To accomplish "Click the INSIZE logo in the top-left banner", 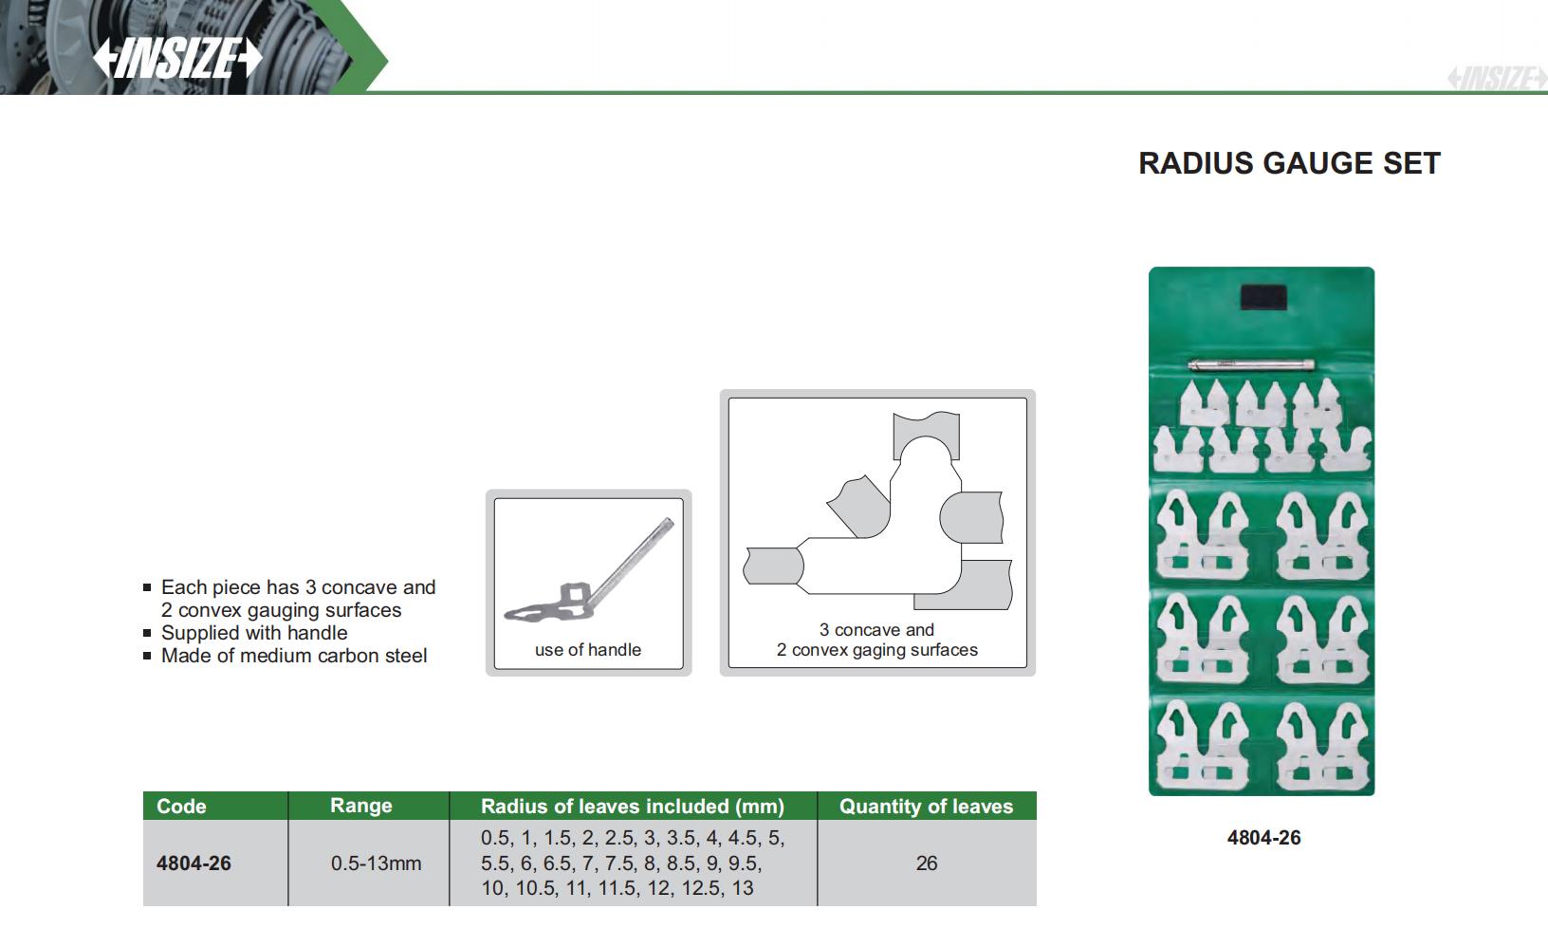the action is tap(177, 57).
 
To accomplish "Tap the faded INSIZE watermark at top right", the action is tap(1497, 78).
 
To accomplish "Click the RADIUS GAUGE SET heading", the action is tap(1290, 163).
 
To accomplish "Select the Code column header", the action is tap(181, 806).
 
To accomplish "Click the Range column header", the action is tap(360, 806).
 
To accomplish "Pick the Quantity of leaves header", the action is tap(926, 806).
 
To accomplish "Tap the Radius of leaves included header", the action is tap(633, 806).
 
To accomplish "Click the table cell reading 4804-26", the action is tap(193, 863).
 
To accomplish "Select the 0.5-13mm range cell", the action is tap(376, 863).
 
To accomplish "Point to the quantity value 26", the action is tap(927, 863).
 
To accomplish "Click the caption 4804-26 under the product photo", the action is tap(1264, 837).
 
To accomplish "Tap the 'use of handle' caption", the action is tap(588, 650).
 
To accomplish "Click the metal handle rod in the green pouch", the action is tap(1251, 364).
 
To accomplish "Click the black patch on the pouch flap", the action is tap(1263, 297).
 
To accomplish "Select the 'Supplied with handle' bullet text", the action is tap(254, 633).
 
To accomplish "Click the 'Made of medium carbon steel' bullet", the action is tap(294, 656).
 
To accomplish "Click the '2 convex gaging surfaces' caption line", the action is tap(877, 650).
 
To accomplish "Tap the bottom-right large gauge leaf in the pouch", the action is tap(1321, 748).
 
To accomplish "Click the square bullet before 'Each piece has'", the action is tap(147, 587).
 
